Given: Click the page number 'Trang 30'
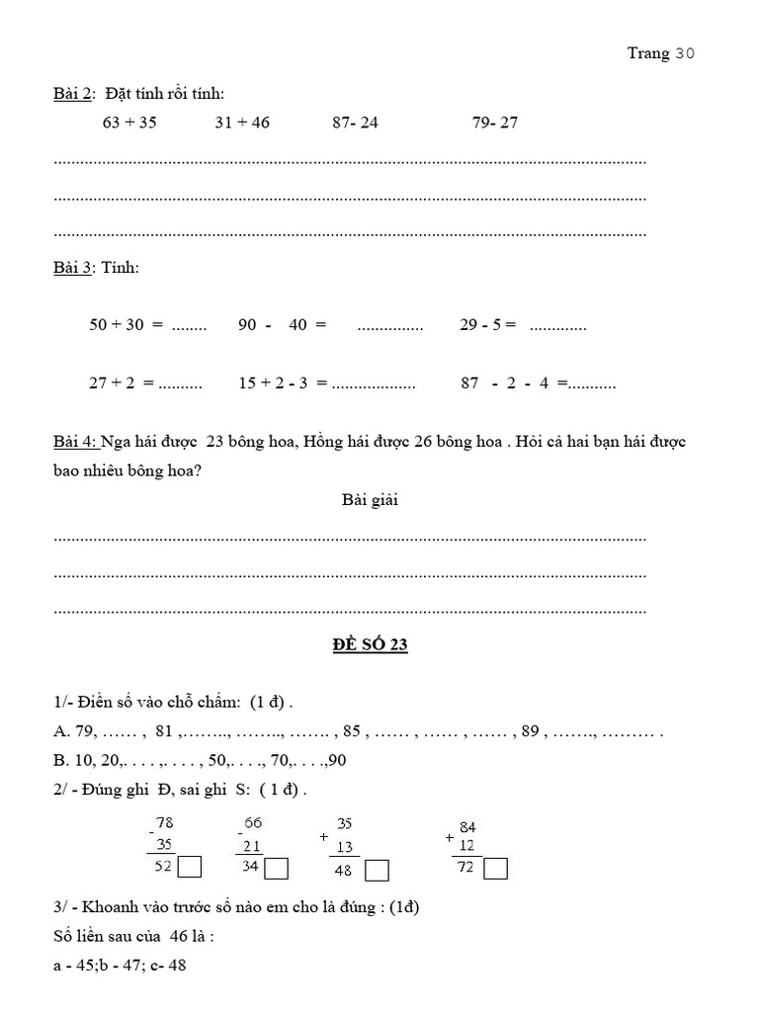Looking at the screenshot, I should (x=661, y=54).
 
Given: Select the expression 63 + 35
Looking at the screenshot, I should (x=129, y=123).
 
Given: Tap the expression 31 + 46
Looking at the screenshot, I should (x=242, y=123).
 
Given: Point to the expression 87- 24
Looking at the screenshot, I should (x=356, y=123).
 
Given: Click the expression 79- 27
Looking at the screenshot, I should (x=495, y=123).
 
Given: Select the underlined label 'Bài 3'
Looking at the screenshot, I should (x=71, y=268).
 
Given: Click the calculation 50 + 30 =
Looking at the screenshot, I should (x=126, y=325).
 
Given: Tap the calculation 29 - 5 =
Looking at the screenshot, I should (x=488, y=325).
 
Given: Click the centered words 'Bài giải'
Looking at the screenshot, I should (x=371, y=500).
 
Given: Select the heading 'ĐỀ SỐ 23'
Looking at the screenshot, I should (x=371, y=645).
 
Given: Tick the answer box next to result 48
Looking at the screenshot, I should (x=377, y=871).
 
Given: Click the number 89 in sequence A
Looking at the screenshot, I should (x=531, y=733).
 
